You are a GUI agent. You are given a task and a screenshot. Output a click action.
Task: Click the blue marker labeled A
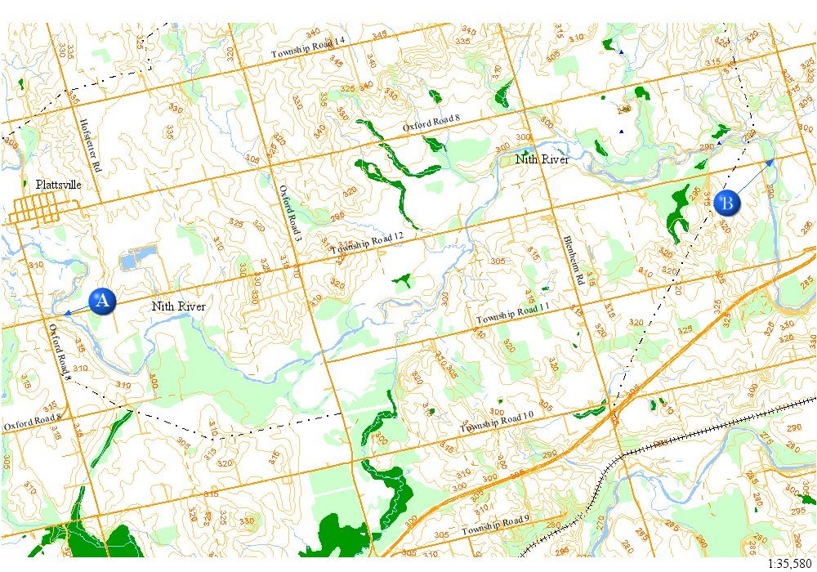(102, 301)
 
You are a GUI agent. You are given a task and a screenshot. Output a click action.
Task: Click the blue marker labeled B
(726, 202)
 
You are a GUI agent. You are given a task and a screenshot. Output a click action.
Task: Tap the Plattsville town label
(58, 185)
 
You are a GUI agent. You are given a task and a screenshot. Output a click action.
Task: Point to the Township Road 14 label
(308, 48)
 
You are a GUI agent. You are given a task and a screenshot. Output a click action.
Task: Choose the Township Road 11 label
(513, 313)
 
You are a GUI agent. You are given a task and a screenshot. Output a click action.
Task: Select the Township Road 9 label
(495, 527)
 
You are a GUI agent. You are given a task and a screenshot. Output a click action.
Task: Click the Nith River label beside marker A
(178, 306)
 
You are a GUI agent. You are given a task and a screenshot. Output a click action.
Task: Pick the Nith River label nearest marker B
(542, 159)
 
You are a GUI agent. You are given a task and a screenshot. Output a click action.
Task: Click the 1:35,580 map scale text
(790, 564)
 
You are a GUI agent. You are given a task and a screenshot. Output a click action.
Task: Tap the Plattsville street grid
(33, 209)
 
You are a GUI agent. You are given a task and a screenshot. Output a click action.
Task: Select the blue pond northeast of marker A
(132, 261)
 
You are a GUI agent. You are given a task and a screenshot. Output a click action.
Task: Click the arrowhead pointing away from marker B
(769, 163)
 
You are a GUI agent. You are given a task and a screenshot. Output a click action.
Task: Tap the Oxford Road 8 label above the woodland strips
(431, 124)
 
